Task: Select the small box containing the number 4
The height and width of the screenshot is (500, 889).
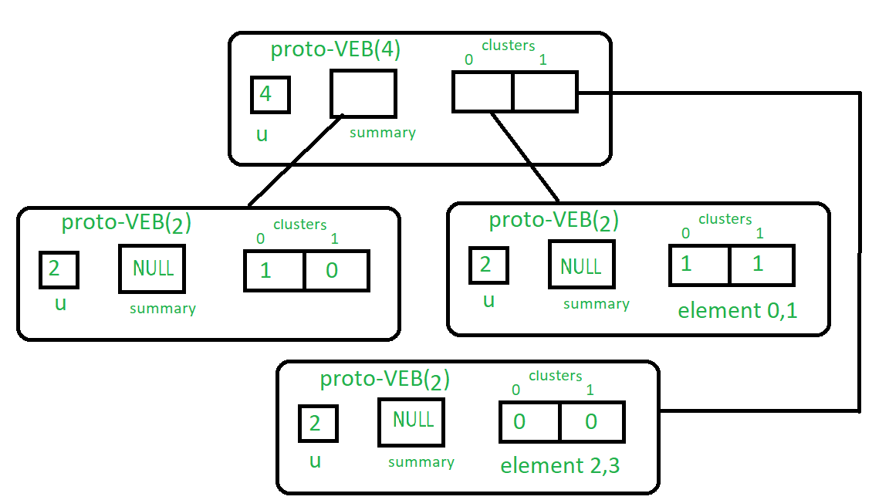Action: tap(270, 95)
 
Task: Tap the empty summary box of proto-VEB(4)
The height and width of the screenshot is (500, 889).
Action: tap(363, 93)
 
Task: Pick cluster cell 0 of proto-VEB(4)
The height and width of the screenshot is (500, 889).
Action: tap(482, 92)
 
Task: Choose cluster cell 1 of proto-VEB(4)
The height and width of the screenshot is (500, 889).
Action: tap(545, 92)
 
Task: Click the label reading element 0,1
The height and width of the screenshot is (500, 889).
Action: tap(737, 311)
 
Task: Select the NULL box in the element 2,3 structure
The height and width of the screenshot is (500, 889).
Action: tap(411, 422)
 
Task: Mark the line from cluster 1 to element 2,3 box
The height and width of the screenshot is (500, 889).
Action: tap(859, 255)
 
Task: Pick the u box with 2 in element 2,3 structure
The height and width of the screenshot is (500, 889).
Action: tap(318, 424)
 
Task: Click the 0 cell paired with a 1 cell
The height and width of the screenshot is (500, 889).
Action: tap(336, 271)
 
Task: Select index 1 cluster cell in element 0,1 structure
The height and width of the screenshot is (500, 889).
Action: tap(762, 265)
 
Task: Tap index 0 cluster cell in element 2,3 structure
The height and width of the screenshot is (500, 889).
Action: tap(530, 421)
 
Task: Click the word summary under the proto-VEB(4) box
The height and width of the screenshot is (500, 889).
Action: tap(383, 133)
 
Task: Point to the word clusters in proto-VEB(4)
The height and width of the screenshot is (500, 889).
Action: tap(508, 45)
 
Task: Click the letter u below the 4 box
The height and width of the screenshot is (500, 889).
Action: tap(262, 135)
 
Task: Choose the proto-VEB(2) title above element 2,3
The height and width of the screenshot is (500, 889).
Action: tap(384, 380)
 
